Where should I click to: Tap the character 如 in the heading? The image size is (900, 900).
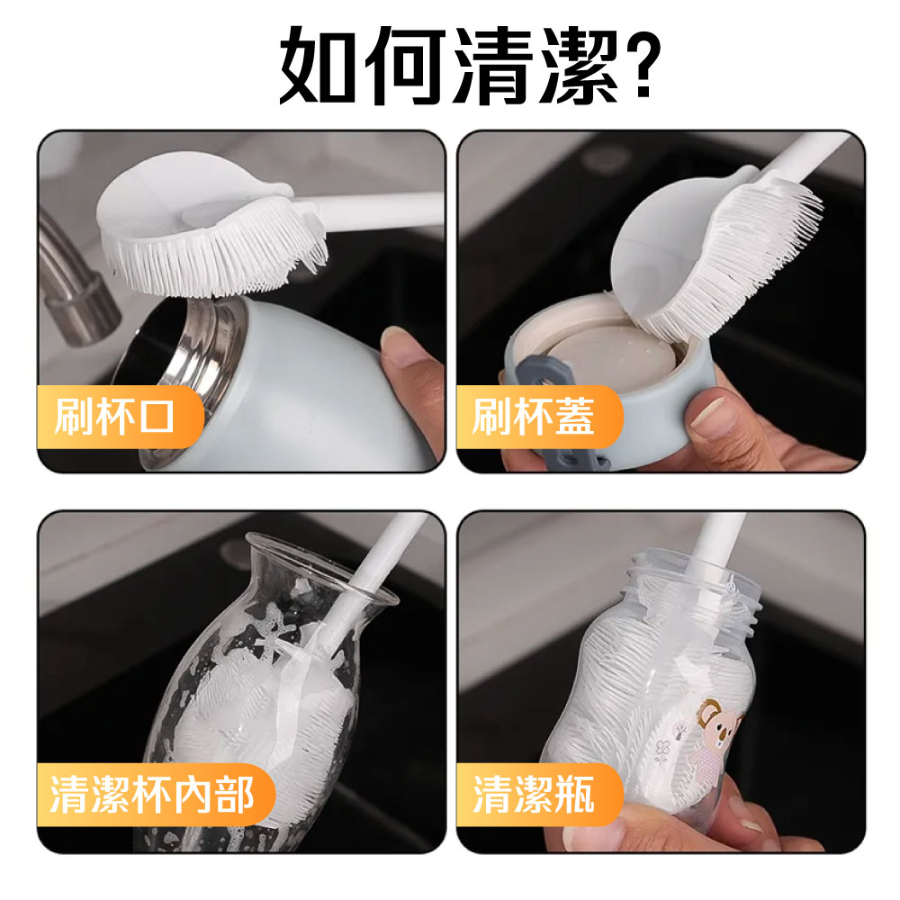318,65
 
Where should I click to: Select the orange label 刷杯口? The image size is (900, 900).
121,417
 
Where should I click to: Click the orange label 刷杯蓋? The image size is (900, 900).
539,417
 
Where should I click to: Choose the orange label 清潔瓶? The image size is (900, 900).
539,795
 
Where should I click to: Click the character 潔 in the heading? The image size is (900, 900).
579,65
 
